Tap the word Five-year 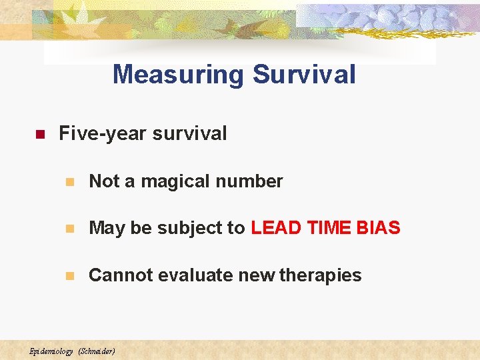tap(103, 133)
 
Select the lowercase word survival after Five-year tap(189, 133)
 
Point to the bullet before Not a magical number tap(69, 182)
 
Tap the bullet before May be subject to tap(69, 229)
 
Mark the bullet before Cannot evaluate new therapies tap(69, 276)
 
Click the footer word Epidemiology tap(51, 351)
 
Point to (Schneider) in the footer tap(97, 351)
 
